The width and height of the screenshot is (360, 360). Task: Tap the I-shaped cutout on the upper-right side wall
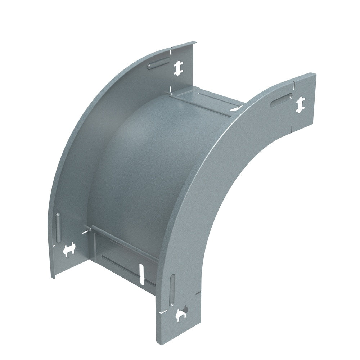pyautogui.click(x=300, y=105)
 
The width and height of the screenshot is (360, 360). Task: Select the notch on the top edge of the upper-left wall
pyautogui.click(x=172, y=48)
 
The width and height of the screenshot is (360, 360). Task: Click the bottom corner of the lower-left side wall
pyautogui.click(x=54, y=277)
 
